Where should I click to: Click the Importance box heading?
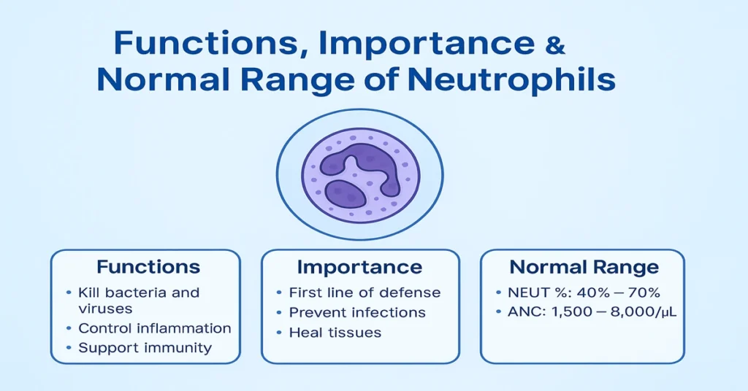pyautogui.click(x=360, y=266)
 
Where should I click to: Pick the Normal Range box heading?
pyautogui.click(x=584, y=266)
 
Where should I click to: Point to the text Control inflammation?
pyautogui.click(x=155, y=328)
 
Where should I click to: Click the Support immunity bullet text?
pyautogui.click(x=145, y=347)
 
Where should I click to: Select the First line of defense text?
pyautogui.click(x=365, y=293)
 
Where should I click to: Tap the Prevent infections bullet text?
pyautogui.click(x=357, y=312)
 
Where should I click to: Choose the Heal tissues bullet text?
pyautogui.click(x=335, y=333)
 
